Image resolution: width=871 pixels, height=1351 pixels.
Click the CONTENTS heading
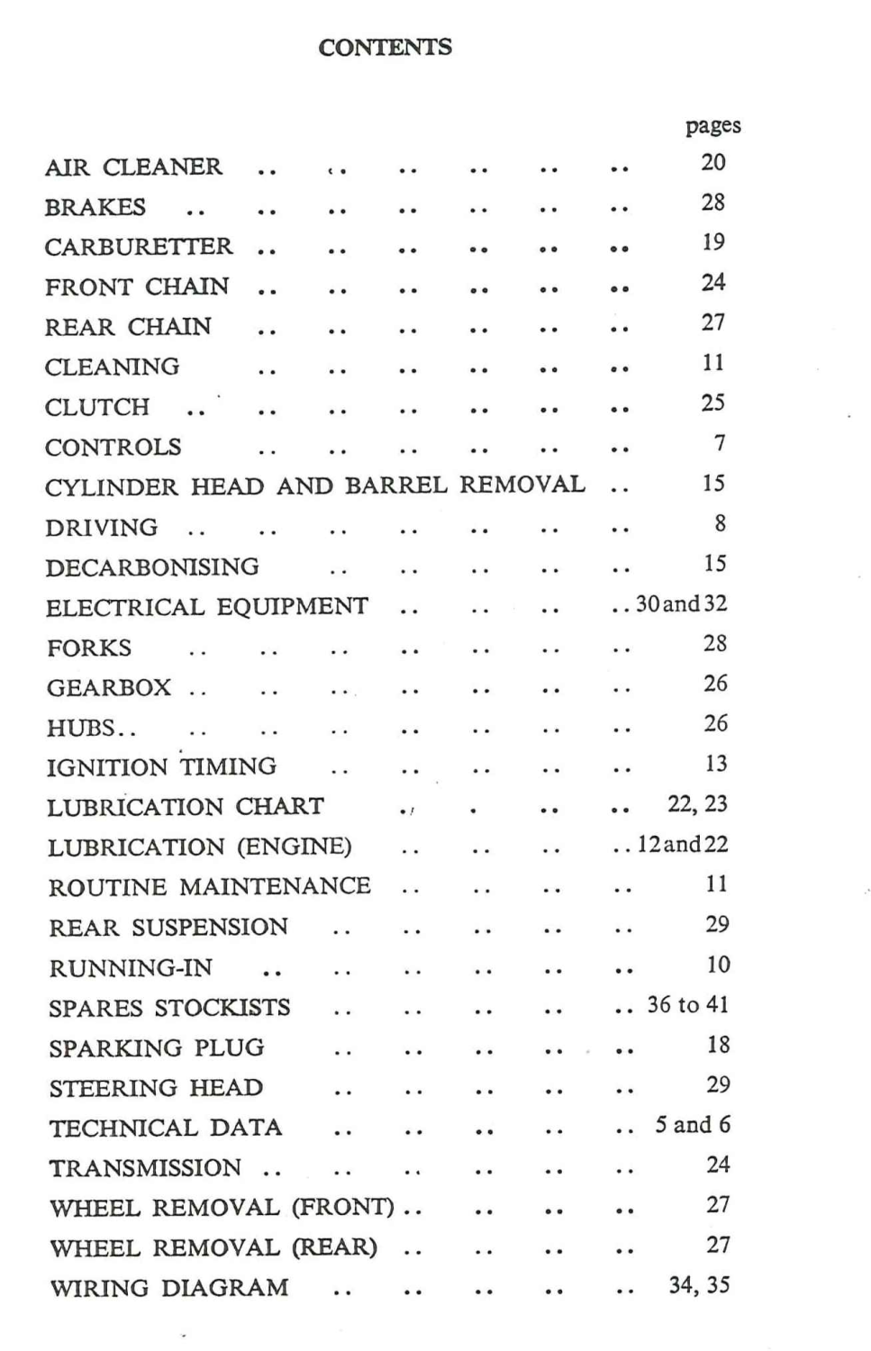pyautogui.click(x=385, y=48)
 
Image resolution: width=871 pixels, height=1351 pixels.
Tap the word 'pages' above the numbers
pyautogui.click(x=712, y=126)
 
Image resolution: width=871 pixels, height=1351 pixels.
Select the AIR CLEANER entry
pyautogui.click(x=133, y=168)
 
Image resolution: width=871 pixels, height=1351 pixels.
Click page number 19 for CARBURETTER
pyautogui.click(x=712, y=242)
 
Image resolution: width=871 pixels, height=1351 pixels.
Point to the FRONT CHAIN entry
pyautogui.click(x=137, y=287)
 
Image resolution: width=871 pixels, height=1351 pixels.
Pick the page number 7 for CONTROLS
pyautogui.click(x=719, y=443)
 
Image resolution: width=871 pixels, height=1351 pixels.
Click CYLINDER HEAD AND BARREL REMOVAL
pyautogui.click(x=314, y=486)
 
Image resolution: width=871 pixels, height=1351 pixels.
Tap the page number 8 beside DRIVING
pyautogui.click(x=720, y=523)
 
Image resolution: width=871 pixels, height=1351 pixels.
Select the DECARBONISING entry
pyautogui.click(x=152, y=567)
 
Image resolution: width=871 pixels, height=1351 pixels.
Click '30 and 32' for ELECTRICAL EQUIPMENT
pyautogui.click(x=681, y=604)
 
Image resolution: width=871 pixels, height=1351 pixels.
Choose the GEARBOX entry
pyautogui.click(x=109, y=688)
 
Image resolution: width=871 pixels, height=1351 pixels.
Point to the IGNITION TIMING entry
pyautogui.click(x=161, y=767)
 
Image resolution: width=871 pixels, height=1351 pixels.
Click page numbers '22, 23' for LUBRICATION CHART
pyautogui.click(x=697, y=804)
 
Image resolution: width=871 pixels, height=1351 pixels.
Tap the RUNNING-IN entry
pyautogui.click(x=131, y=968)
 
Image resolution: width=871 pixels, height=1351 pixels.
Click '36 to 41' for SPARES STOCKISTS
pyautogui.click(x=687, y=1005)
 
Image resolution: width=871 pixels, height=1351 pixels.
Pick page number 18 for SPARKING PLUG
pyautogui.click(x=718, y=1045)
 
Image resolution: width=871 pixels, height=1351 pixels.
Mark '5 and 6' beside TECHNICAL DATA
pyautogui.click(x=692, y=1125)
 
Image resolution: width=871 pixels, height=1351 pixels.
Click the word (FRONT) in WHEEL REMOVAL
pyautogui.click(x=342, y=1208)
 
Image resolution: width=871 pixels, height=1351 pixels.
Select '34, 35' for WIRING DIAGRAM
pyautogui.click(x=699, y=1285)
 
